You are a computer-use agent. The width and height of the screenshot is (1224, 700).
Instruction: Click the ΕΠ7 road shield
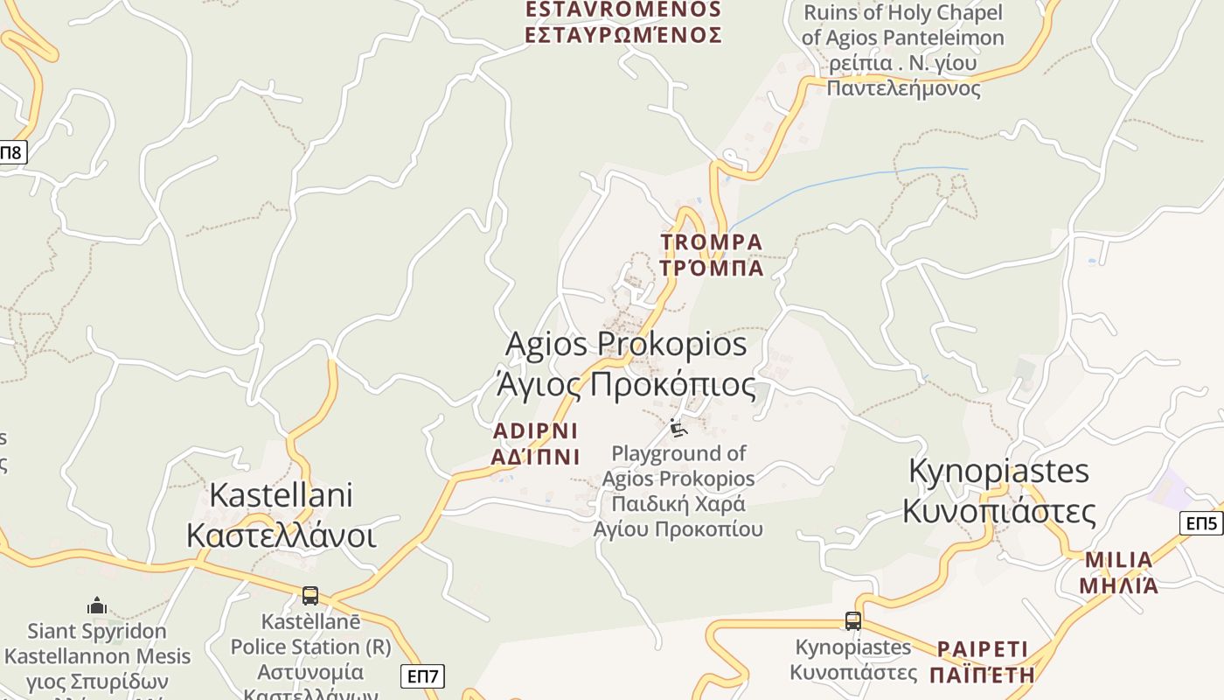click(423, 675)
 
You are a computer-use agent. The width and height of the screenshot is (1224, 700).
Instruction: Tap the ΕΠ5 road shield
click(1201, 523)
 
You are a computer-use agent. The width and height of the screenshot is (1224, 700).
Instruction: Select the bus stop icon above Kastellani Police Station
click(309, 596)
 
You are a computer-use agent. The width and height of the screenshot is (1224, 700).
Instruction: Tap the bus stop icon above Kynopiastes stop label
click(852, 621)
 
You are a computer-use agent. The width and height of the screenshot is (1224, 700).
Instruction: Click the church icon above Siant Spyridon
click(96, 605)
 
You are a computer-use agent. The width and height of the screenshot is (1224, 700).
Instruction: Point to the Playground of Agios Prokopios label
click(678, 491)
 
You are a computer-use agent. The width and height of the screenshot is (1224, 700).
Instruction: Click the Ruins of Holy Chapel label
click(902, 50)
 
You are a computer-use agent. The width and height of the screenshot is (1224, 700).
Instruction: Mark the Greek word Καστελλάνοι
click(281, 535)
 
